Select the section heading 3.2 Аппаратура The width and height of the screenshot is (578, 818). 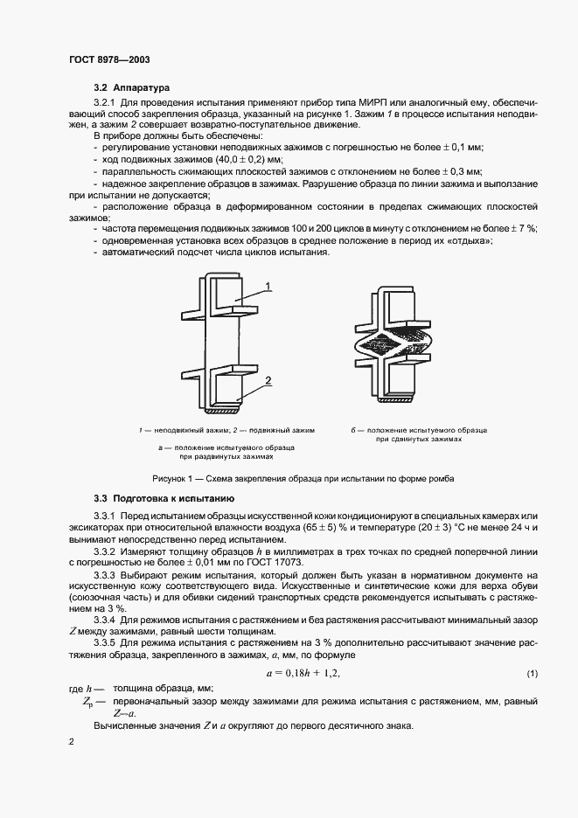tap(131, 88)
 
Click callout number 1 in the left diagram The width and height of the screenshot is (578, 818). tap(269, 285)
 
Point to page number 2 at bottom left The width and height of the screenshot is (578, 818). tap(73, 741)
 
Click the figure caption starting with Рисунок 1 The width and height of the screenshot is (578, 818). tap(303, 479)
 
